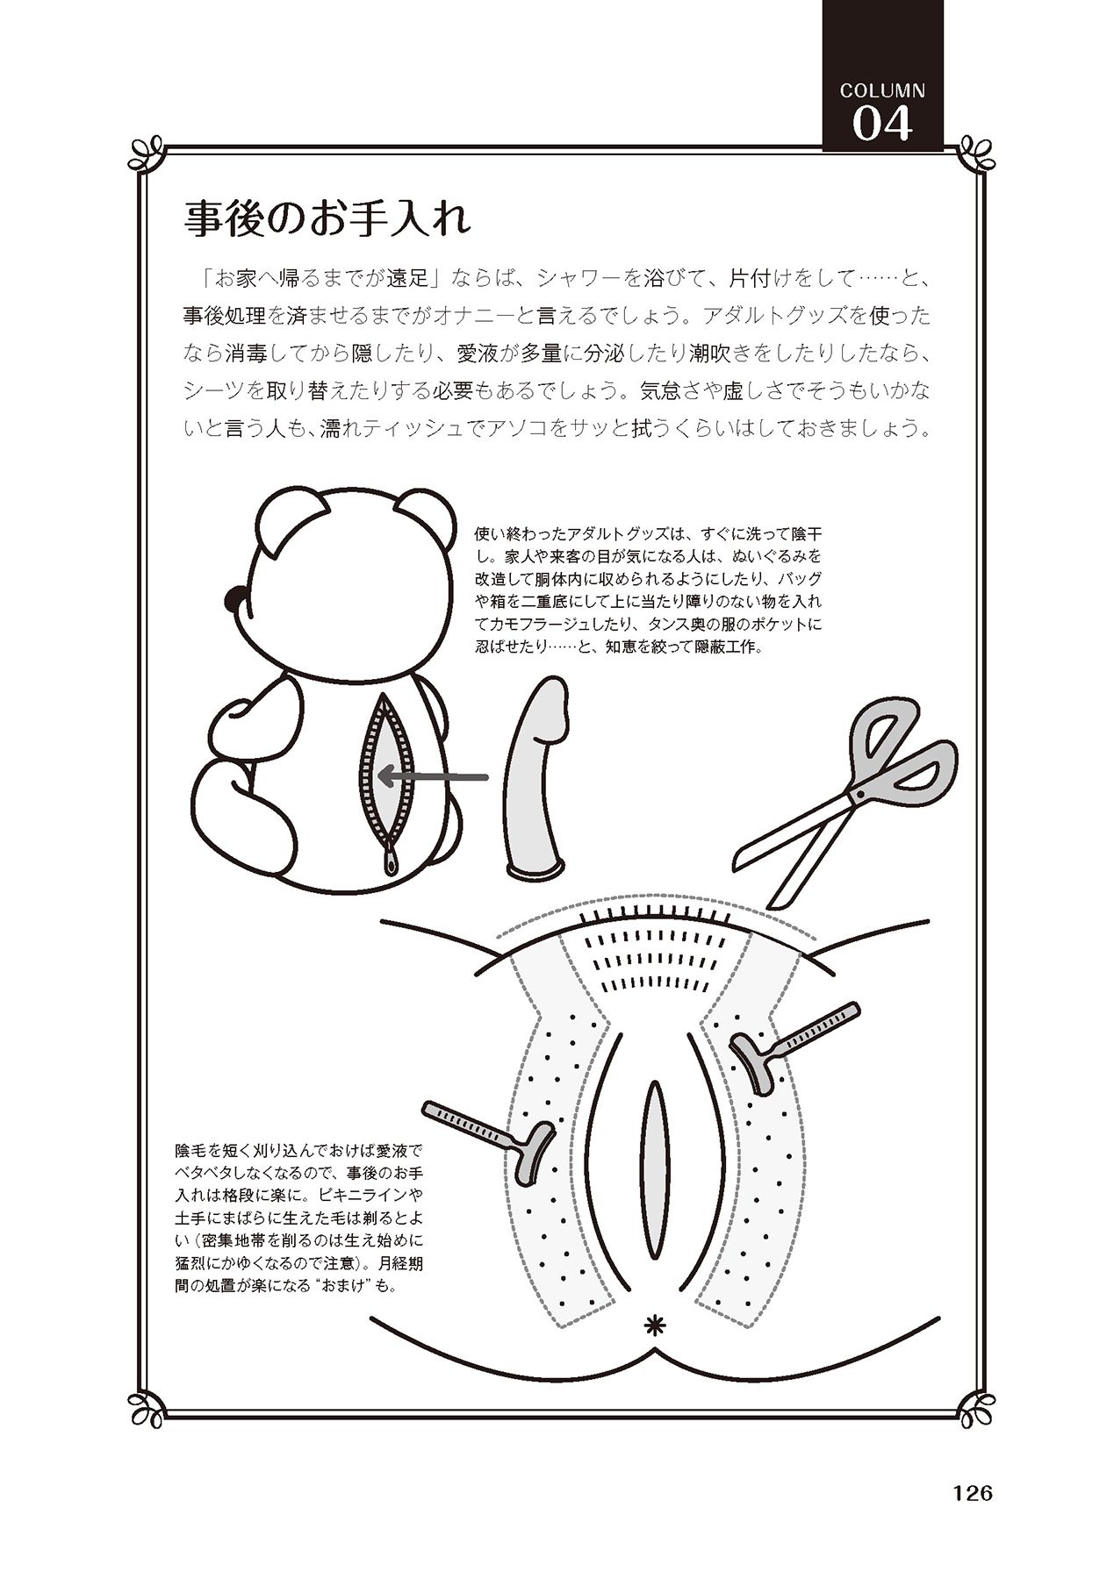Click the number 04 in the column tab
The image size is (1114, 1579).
coord(882,124)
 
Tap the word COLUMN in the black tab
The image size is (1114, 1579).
coord(882,89)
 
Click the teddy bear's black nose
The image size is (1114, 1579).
coord(234,600)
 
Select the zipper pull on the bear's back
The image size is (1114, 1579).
coord(388,861)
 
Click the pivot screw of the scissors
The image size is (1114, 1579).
coord(859,795)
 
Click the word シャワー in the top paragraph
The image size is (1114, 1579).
coord(577,279)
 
